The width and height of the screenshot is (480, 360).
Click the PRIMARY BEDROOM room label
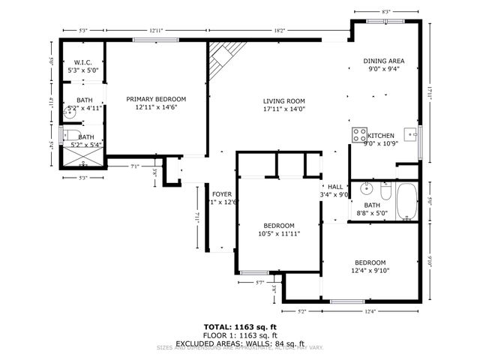[x=156, y=99]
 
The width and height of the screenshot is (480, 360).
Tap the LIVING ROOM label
[x=283, y=101]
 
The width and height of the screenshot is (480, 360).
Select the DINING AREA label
[x=385, y=61]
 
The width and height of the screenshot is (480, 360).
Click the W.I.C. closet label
[x=82, y=62]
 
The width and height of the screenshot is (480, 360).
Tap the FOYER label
[x=221, y=193]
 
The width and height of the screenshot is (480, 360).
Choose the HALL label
[x=334, y=187]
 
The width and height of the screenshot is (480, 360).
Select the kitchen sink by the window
[x=410, y=135]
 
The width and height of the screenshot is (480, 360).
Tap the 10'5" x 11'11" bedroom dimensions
[x=278, y=234]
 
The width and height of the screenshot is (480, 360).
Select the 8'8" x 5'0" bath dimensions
[x=372, y=213]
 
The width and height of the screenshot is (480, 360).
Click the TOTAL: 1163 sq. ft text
[x=239, y=327]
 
